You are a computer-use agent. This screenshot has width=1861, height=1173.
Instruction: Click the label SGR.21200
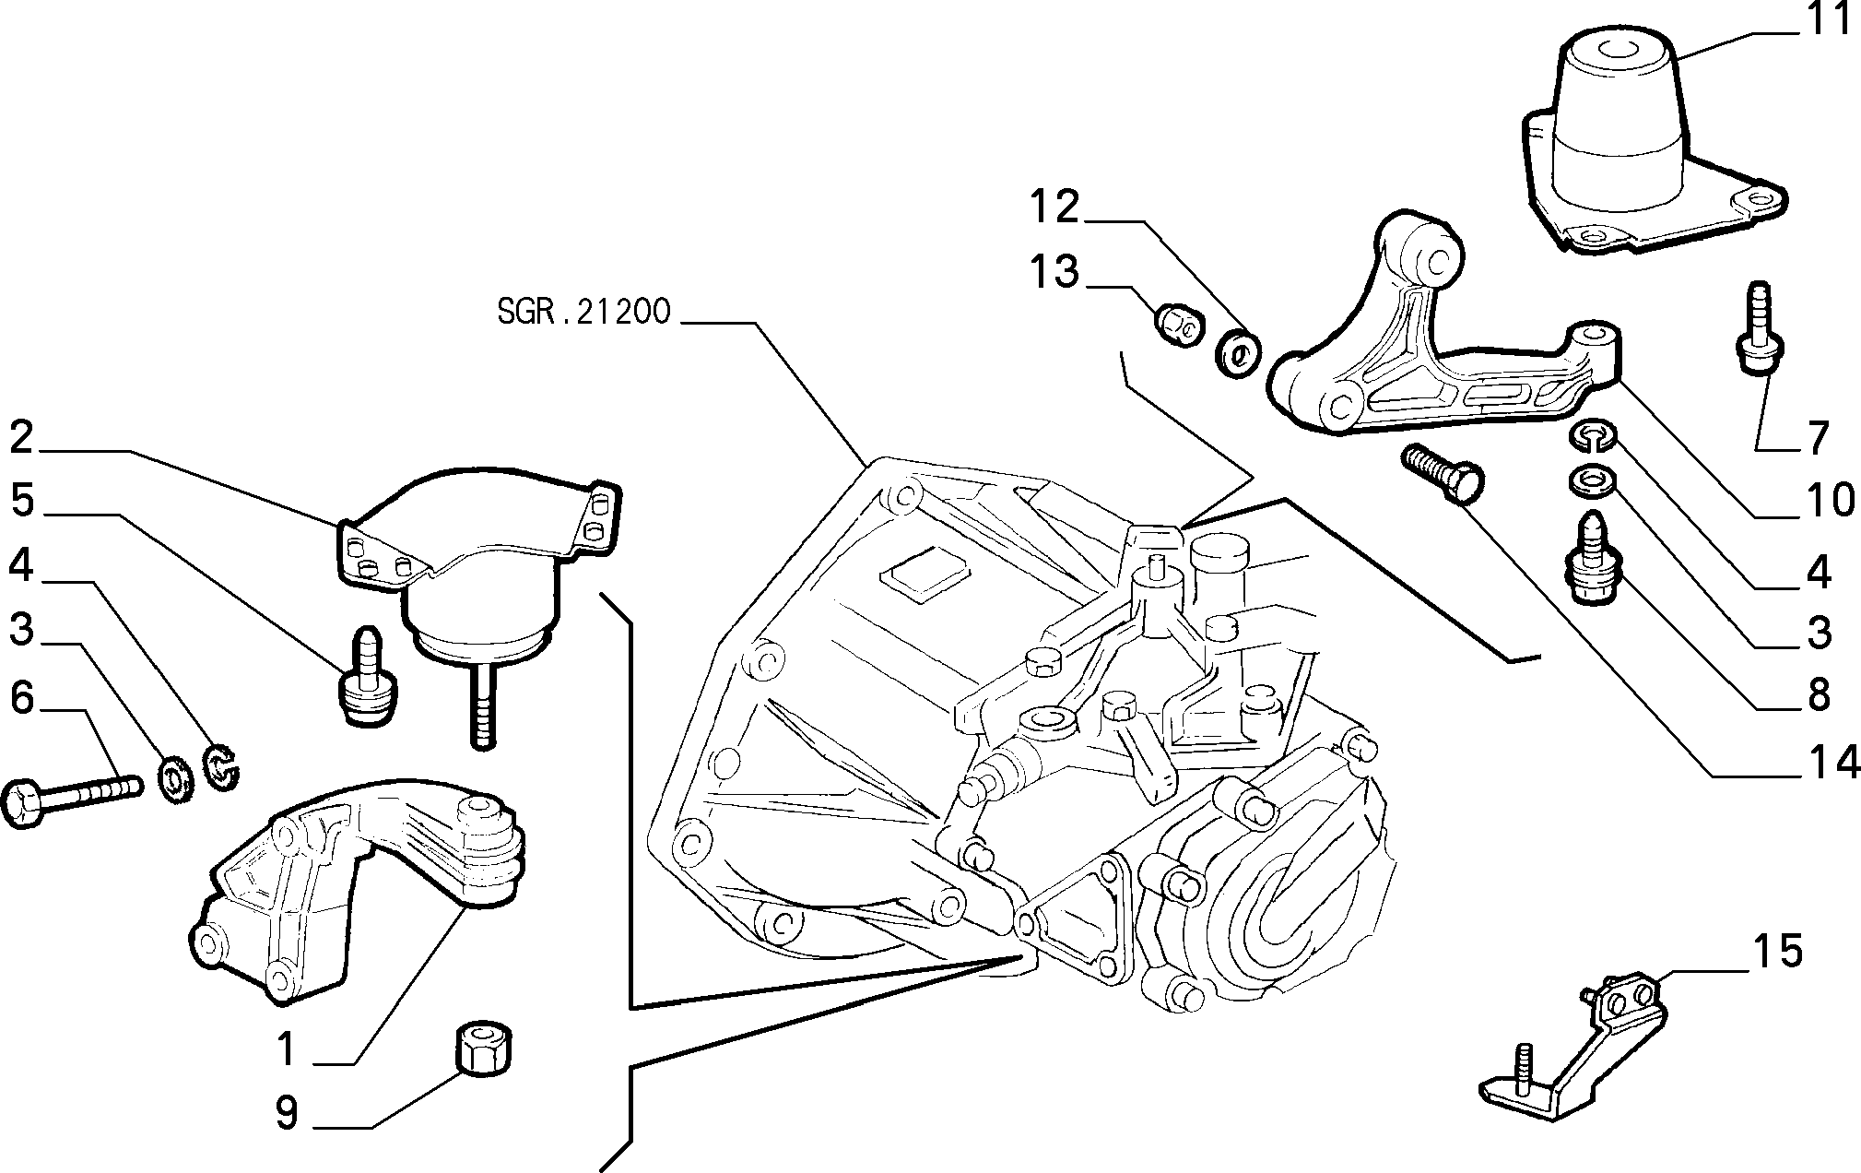pos(583,312)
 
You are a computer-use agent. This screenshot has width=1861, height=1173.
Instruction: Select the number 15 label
pos(1776,951)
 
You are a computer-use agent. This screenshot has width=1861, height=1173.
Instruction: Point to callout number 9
pos(287,1112)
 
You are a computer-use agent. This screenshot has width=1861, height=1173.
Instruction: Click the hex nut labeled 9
pos(485,1048)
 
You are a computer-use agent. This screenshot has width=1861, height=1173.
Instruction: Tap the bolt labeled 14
pos(1440,474)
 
